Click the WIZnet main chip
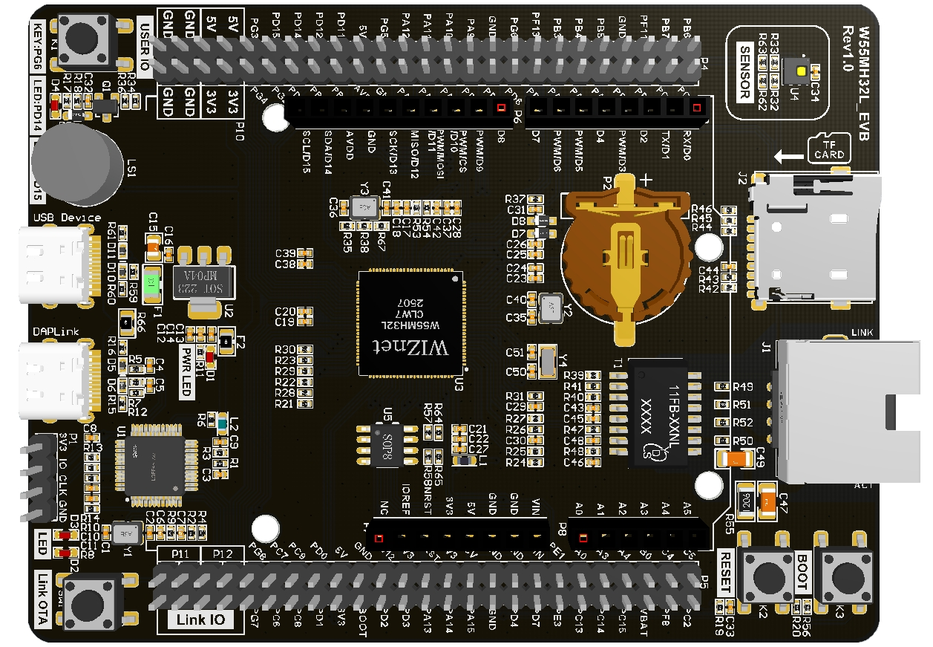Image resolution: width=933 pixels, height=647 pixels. (x=410, y=324)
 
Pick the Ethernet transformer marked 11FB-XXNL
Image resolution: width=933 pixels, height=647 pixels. (x=658, y=413)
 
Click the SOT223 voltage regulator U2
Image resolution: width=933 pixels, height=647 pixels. (x=203, y=281)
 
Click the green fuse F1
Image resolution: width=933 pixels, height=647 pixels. (x=152, y=282)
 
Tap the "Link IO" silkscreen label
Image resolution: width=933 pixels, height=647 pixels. (x=200, y=620)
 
